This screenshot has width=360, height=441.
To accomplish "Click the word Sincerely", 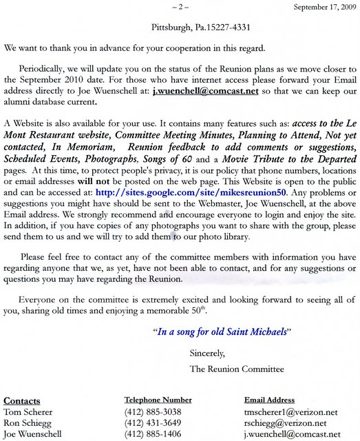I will [207, 353].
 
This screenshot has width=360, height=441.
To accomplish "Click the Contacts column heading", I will [22, 400].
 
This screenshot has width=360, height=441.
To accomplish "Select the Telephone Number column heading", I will [158, 400].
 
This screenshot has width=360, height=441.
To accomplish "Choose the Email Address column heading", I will [269, 400].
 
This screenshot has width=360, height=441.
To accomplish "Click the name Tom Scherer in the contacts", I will [26, 412].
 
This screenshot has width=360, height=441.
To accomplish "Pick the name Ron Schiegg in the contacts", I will [26, 423].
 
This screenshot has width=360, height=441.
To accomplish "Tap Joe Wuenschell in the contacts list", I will [32, 435].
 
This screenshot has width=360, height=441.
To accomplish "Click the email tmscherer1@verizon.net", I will [291, 412].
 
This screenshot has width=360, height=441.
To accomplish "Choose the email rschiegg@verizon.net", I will [286, 423].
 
